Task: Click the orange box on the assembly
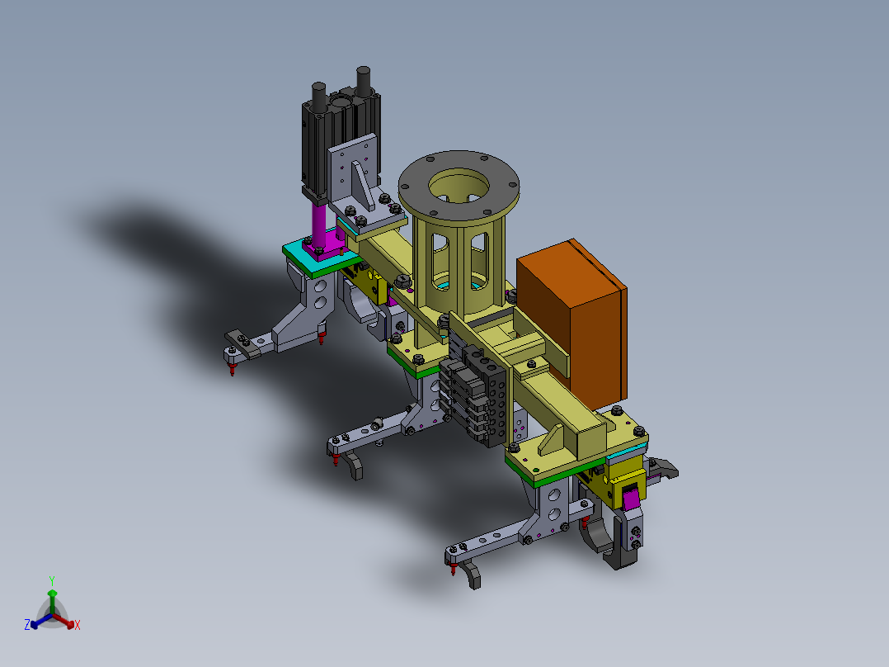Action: point(572,324)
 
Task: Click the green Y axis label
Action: point(52,581)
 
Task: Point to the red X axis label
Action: point(78,625)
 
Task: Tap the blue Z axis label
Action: point(27,624)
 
